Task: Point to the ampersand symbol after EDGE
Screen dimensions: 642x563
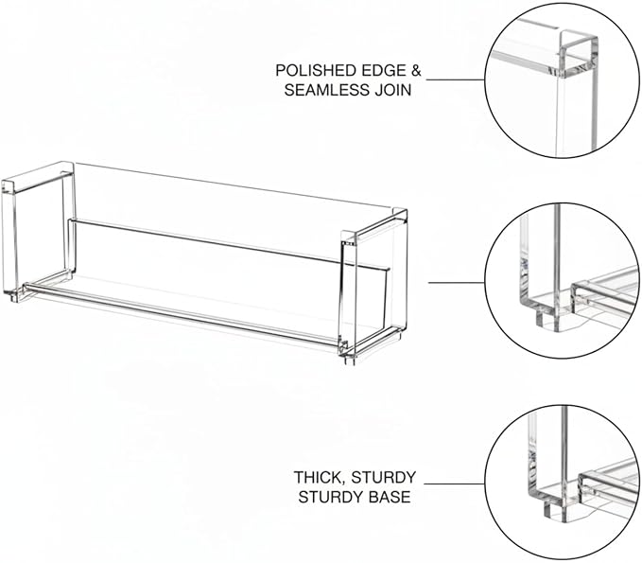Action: (416, 70)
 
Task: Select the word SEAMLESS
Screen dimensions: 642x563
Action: (327, 90)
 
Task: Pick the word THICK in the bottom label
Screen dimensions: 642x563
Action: (320, 477)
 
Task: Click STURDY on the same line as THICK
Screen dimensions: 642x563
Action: (383, 477)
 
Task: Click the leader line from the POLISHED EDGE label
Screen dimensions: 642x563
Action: (456, 79)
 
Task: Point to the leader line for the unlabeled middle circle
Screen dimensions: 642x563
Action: (457, 282)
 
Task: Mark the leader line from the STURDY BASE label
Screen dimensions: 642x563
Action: (455, 484)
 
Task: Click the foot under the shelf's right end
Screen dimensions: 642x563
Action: (349, 359)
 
